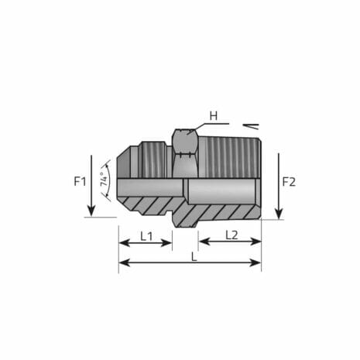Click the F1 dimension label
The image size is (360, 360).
[80, 182]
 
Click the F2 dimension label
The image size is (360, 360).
[288, 182]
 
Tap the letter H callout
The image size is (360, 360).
[214, 117]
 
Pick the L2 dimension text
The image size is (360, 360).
[231, 235]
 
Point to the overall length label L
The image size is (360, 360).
[193, 255]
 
